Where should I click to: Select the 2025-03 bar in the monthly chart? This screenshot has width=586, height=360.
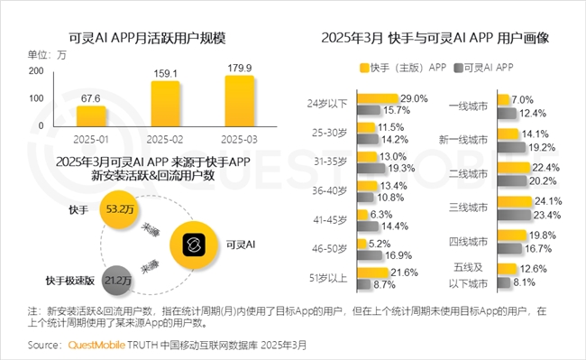point(238,102)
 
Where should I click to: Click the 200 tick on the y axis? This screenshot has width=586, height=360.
point(37,70)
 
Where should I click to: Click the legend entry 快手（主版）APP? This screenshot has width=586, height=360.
point(404,67)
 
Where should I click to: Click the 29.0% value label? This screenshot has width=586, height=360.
point(414,97)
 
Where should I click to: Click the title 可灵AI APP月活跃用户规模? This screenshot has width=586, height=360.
point(146,39)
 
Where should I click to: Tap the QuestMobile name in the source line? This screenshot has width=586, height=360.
point(96,345)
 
